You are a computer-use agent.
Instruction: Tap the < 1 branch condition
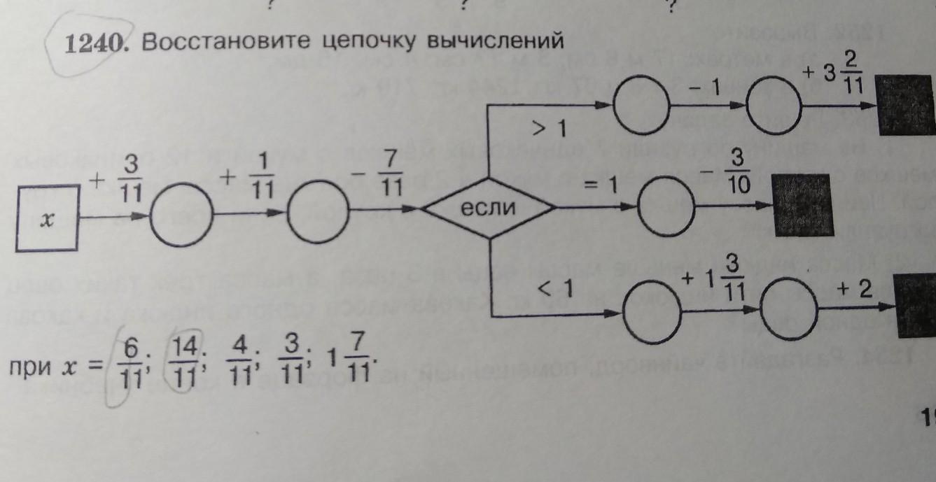(557, 288)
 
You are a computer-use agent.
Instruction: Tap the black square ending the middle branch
(803, 205)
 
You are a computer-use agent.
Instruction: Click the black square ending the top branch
(906, 105)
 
